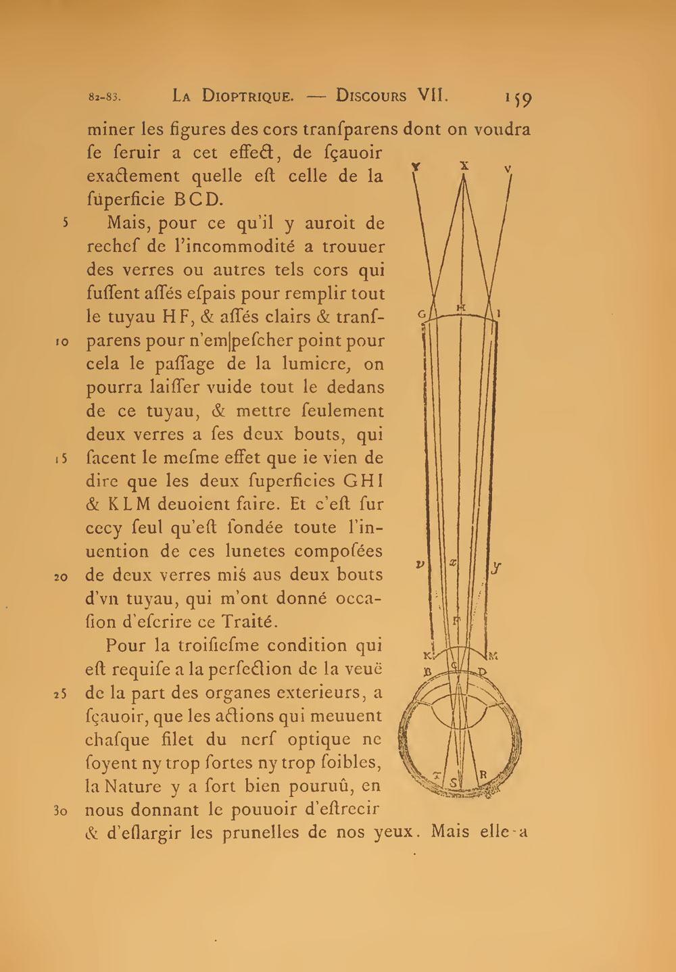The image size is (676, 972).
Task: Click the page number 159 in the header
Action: pos(518,99)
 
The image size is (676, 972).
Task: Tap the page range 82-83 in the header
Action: pos(105,97)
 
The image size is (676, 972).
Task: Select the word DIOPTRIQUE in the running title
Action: pos(248,96)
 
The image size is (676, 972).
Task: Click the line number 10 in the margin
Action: pos(62,342)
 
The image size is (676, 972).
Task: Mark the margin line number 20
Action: pos(61,577)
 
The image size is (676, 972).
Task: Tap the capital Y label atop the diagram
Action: pos(416,166)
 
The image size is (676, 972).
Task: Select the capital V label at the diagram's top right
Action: pos(508,168)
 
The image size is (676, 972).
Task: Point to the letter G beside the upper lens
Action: pos(421,314)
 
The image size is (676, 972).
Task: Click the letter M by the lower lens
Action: pos(493,655)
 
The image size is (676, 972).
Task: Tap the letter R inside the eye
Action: pos(483,775)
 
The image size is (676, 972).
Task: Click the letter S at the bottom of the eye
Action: pos(453,783)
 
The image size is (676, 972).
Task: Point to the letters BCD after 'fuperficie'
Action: pos(198,200)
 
